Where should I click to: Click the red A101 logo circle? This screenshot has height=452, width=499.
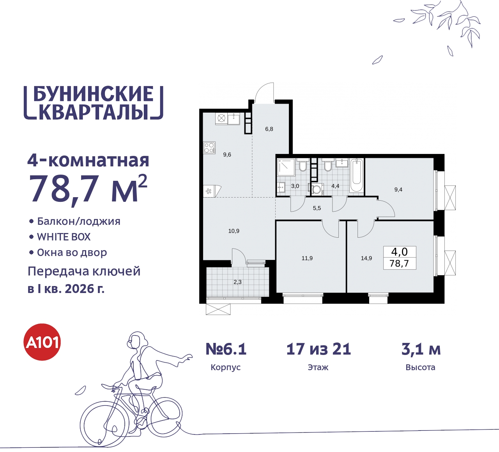coord(42,342)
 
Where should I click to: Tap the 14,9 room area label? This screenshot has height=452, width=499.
coord(366,258)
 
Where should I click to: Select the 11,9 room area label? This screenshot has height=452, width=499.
coord(307,258)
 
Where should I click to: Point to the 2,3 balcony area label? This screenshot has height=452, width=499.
coord(237,282)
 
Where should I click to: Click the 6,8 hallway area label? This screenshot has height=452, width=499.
coord(269,129)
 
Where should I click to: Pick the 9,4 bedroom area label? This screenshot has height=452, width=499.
coord(398,190)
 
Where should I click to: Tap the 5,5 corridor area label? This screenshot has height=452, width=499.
coord(317,208)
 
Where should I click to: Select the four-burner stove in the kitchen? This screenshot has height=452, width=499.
coord(209,148)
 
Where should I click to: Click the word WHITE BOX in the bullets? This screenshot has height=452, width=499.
coord(64,237)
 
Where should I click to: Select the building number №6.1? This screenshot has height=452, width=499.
coord(226,349)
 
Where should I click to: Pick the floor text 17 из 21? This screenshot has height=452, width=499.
coord(319,349)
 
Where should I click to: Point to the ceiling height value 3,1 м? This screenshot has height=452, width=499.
coord(421,349)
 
